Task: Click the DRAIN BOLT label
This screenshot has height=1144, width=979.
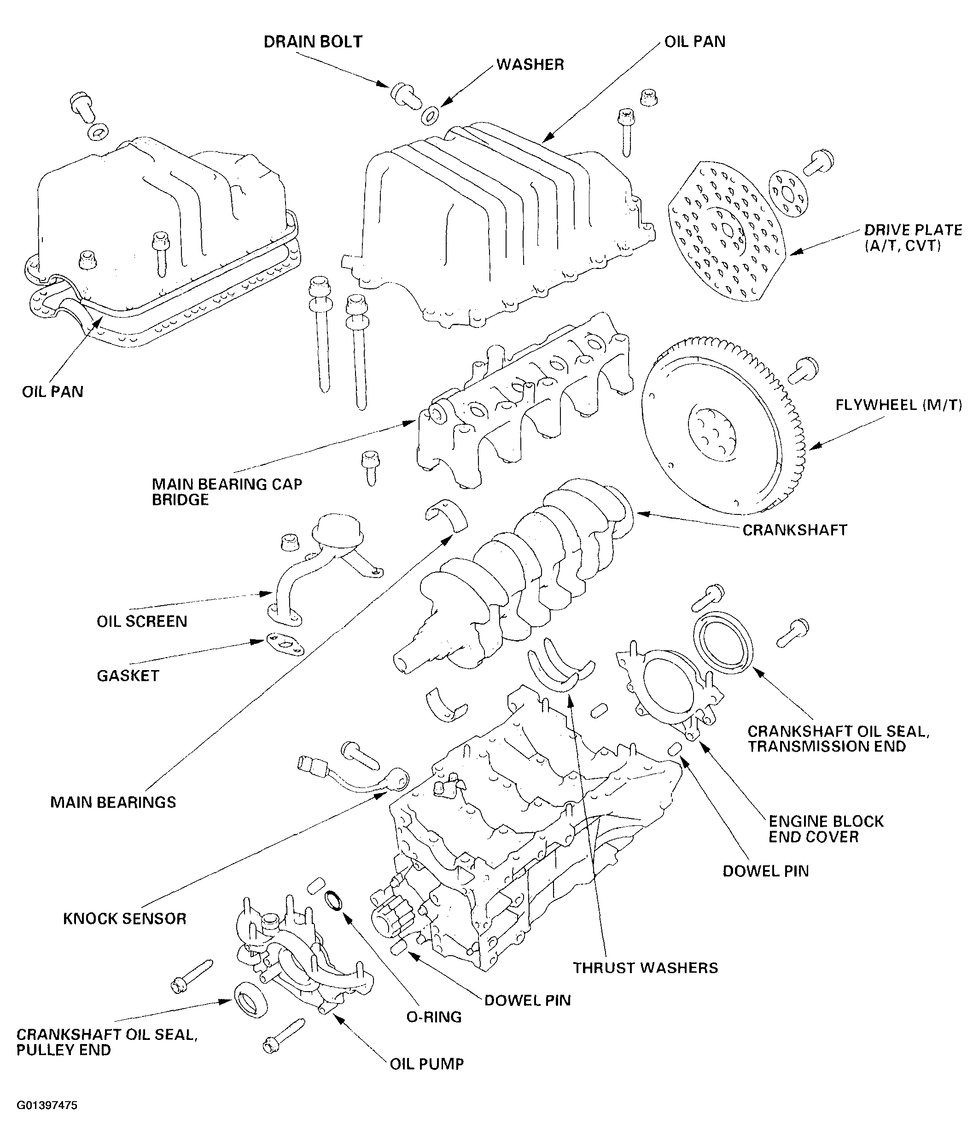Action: (x=313, y=42)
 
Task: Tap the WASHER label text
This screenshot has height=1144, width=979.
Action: (x=530, y=64)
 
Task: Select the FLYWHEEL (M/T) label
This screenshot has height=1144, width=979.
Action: (x=898, y=405)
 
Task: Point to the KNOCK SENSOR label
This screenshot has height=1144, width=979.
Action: (x=124, y=919)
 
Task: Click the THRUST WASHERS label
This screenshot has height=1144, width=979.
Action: (x=645, y=968)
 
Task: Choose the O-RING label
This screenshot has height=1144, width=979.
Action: (x=433, y=1017)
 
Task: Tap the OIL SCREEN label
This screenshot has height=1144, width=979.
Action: (x=142, y=621)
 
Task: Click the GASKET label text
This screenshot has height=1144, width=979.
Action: (x=128, y=676)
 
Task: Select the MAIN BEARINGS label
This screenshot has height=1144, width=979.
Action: (x=113, y=802)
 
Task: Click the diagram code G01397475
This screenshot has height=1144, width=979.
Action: (x=47, y=1105)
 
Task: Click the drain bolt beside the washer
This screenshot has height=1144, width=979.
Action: (x=402, y=94)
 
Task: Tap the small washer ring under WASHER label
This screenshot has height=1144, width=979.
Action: (x=430, y=116)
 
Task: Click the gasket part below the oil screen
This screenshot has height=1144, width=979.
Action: (x=285, y=644)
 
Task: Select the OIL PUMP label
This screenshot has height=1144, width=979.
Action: (x=426, y=1064)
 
